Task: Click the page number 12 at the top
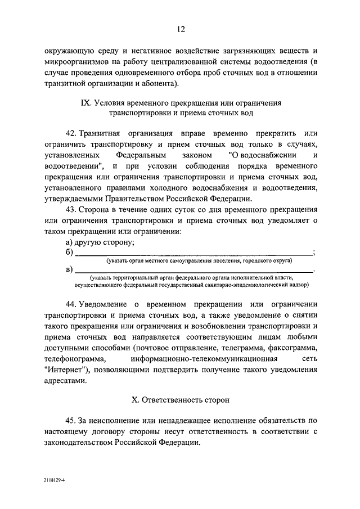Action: pyautogui.click(x=180, y=29)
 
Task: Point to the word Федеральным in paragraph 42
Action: pyautogui.click(x=142, y=155)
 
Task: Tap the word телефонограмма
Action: pyautogui.click(x=71, y=359)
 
